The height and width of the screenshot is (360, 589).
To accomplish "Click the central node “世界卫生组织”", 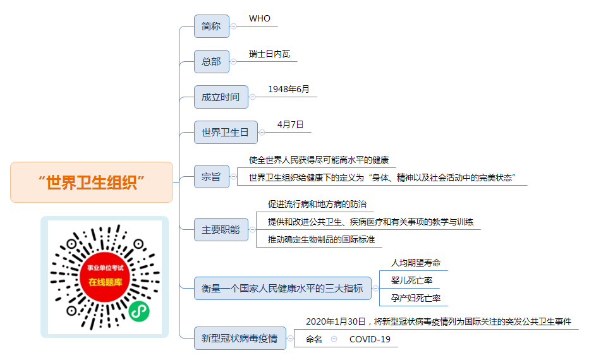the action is [x=92, y=183].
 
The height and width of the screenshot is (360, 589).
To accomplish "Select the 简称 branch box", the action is [x=212, y=27].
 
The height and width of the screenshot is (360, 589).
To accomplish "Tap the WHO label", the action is [x=260, y=18].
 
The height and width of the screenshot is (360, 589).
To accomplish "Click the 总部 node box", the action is [x=212, y=61].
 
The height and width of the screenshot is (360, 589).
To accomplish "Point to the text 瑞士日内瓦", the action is [x=269, y=54].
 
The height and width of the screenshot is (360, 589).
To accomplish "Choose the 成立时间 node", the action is [x=221, y=97].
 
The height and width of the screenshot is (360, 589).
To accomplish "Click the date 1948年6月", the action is [x=288, y=89].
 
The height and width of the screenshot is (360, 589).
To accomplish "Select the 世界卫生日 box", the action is [x=226, y=132].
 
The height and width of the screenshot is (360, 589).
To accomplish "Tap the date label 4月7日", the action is [x=290, y=124].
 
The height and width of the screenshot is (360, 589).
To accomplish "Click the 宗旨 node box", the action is [x=212, y=176].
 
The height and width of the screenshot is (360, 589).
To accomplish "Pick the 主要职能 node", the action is [x=221, y=229].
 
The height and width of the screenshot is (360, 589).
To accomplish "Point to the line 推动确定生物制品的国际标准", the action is [x=321, y=239].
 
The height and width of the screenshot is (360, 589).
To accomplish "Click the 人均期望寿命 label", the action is [x=415, y=263].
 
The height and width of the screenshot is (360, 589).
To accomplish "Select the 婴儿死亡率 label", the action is [x=411, y=280].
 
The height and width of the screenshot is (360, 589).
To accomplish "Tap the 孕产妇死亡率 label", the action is [x=415, y=298].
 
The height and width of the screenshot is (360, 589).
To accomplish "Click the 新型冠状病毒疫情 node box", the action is [x=240, y=339].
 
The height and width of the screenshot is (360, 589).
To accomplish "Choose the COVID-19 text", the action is [x=370, y=339].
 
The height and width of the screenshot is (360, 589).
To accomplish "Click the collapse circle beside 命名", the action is [x=334, y=339].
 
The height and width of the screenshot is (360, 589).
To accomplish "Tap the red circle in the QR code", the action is [x=105, y=277].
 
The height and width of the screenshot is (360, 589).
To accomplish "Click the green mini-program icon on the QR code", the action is [x=139, y=311].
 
